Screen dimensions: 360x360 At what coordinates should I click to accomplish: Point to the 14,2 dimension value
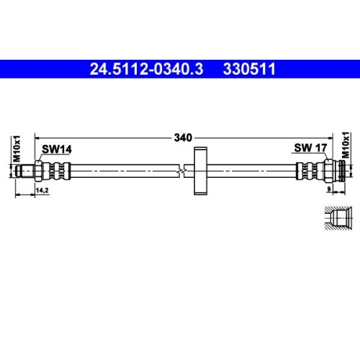tap(42, 190)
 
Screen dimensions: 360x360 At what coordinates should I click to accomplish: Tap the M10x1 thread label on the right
tap(345, 148)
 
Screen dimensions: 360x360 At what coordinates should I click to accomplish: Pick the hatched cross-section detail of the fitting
tap(336, 217)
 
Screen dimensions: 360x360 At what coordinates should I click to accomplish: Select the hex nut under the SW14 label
tap(39, 171)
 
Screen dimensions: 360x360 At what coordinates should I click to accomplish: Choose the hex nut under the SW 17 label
tap(328, 171)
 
